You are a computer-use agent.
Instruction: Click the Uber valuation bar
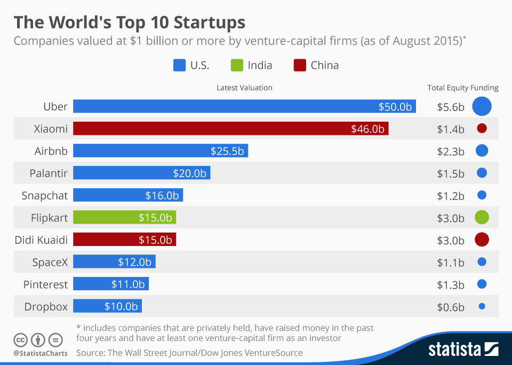click(x=244, y=106)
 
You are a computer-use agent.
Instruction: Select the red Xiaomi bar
click(x=230, y=129)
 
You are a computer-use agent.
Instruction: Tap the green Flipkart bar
click(x=124, y=217)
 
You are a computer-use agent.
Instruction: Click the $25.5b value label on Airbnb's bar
click(x=227, y=151)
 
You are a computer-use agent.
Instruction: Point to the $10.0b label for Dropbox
click(x=121, y=306)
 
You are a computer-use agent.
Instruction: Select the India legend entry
click(x=252, y=66)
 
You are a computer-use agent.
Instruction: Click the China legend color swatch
click(x=300, y=66)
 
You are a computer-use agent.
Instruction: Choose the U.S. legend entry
click(x=191, y=66)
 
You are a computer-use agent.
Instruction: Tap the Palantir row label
click(x=49, y=173)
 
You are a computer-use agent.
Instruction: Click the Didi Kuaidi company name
click(x=42, y=240)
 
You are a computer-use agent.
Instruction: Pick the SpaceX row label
click(x=50, y=262)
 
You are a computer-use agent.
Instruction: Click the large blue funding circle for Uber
click(x=482, y=106)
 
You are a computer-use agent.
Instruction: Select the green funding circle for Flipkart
click(x=482, y=217)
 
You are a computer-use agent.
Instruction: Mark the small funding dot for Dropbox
click(x=482, y=306)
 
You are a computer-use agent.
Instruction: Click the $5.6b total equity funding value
click(x=450, y=107)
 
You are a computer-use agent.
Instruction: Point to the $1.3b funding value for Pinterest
click(x=450, y=284)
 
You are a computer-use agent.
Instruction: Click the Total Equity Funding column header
click(x=462, y=88)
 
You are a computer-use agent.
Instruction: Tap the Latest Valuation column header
click(x=244, y=88)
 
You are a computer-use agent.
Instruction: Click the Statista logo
click(x=463, y=350)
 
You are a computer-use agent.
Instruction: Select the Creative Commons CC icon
click(x=20, y=339)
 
